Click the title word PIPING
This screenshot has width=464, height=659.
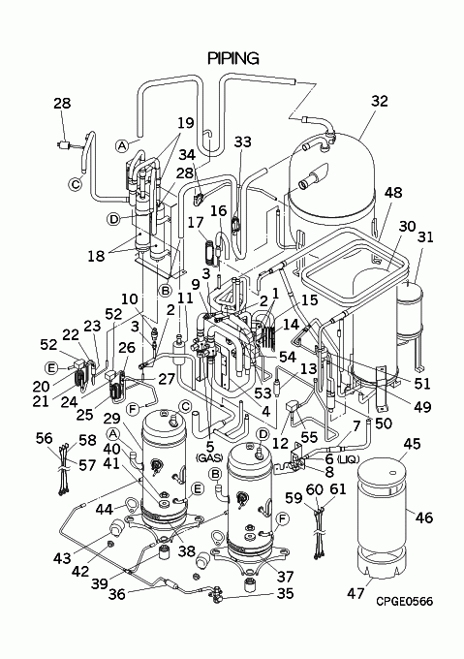[x=233, y=58]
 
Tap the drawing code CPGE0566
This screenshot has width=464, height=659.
[x=404, y=601]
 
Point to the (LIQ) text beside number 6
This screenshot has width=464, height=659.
[x=347, y=459]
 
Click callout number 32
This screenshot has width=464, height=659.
[x=379, y=102]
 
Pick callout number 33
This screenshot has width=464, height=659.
[x=243, y=142]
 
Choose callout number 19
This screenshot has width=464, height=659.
[x=186, y=123]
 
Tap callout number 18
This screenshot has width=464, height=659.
[x=96, y=255]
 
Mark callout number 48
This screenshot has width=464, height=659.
[x=393, y=193]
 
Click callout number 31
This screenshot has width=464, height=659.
[x=425, y=237]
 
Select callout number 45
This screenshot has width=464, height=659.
[x=412, y=444]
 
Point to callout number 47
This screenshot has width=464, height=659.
[x=356, y=593]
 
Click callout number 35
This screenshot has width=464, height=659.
[x=286, y=593]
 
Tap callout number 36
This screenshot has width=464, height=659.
[x=117, y=594]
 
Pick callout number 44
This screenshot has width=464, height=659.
[x=105, y=509]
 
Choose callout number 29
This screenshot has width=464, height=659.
[x=111, y=419]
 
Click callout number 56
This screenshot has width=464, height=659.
[x=45, y=439]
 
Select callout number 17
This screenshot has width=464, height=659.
[x=196, y=222]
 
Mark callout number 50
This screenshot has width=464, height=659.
[x=384, y=423]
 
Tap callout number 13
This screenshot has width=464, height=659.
[x=308, y=369]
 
